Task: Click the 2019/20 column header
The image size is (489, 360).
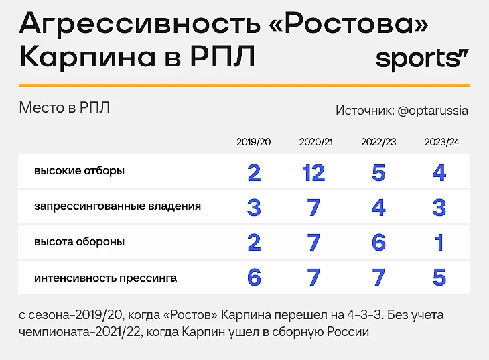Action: (x=254, y=142)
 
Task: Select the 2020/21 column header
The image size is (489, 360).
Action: (x=316, y=142)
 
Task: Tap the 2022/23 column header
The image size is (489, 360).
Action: (x=378, y=142)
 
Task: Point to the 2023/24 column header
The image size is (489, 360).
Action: (x=441, y=142)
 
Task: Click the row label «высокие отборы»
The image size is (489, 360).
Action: (x=79, y=171)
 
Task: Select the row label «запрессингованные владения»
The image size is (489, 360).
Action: (x=118, y=206)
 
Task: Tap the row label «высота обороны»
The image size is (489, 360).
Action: (x=79, y=242)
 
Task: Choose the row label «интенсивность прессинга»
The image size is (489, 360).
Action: (x=105, y=278)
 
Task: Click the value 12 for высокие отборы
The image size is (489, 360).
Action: (x=313, y=173)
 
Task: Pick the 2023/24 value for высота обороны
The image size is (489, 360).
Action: (x=439, y=243)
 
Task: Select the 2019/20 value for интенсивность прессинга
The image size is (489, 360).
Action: (x=254, y=278)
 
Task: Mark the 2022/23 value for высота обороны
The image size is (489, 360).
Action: (x=378, y=243)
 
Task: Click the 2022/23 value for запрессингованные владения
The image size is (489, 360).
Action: (x=378, y=208)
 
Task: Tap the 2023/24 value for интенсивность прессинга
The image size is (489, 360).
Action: (x=439, y=278)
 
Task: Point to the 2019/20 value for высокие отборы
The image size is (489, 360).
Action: (x=254, y=173)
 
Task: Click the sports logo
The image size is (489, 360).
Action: (x=422, y=58)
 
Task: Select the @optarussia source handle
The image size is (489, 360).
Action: (x=433, y=111)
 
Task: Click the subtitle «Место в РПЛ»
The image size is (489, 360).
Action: (x=64, y=108)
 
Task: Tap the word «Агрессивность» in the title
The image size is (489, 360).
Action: (x=140, y=23)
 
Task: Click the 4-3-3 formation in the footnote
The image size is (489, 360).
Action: (x=364, y=315)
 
